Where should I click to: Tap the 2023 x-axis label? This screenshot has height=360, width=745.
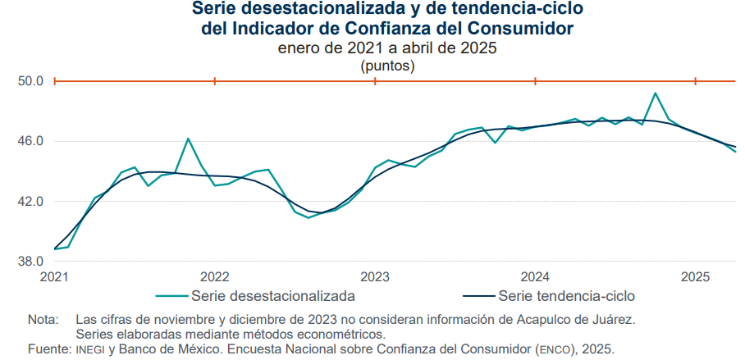(x=375, y=276)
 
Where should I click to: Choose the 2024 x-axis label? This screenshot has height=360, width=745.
(x=536, y=276)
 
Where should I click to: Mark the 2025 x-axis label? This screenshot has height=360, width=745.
(x=696, y=276)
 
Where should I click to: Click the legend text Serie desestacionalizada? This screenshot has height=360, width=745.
(x=273, y=296)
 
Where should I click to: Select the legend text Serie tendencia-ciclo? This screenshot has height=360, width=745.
(x=566, y=296)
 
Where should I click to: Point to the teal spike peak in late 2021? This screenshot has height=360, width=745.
(x=188, y=139)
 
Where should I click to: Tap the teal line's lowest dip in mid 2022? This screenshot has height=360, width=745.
(x=309, y=217)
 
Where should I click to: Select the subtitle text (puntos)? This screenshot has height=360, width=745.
(x=388, y=66)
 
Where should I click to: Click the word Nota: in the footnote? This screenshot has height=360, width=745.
(x=43, y=319)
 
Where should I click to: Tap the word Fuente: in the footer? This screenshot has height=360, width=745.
(x=49, y=349)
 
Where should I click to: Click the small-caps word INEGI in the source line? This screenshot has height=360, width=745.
(x=90, y=350)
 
